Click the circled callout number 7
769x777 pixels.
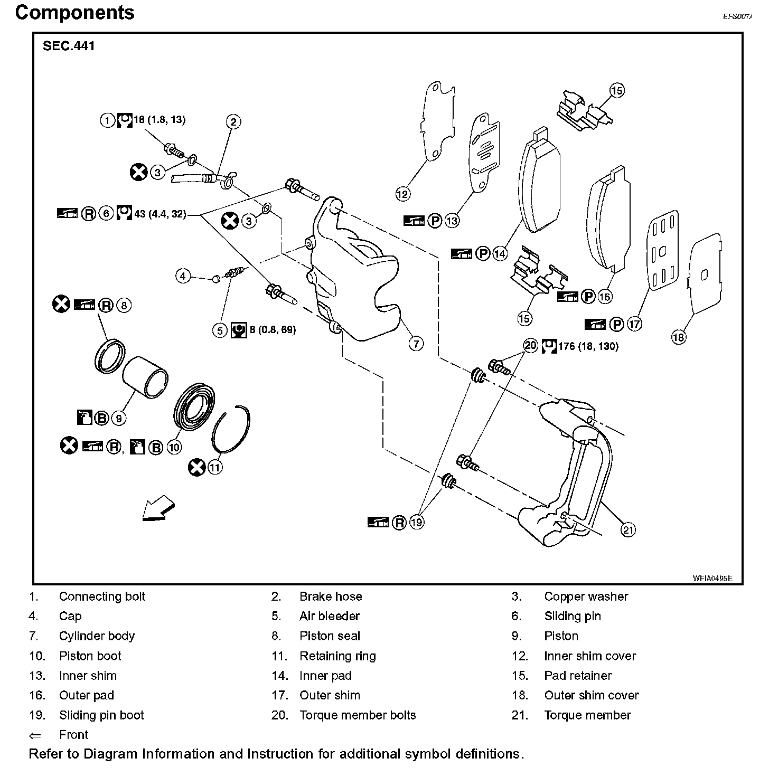pyautogui.click(x=416, y=344)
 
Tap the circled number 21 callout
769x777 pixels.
pyautogui.click(x=628, y=529)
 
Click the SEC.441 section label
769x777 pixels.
pyautogui.click(x=69, y=46)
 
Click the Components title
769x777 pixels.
pyautogui.click(x=74, y=13)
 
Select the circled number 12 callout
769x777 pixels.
pyautogui.click(x=402, y=194)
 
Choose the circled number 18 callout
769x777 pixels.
pyautogui.click(x=679, y=336)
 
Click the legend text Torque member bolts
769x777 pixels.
pyautogui.click(x=358, y=715)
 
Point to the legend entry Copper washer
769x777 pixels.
pyautogui.click(x=586, y=596)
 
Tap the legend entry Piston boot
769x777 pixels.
pyautogui.click(x=90, y=656)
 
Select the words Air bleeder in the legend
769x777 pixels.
pyautogui.click(x=330, y=616)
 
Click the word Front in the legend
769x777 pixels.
pyautogui.click(x=74, y=735)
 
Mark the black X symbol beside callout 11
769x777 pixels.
pyautogui.click(x=196, y=467)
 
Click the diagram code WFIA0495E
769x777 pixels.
pyautogui.click(x=712, y=578)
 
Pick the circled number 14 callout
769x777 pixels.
pyautogui.click(x=500, y=254)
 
